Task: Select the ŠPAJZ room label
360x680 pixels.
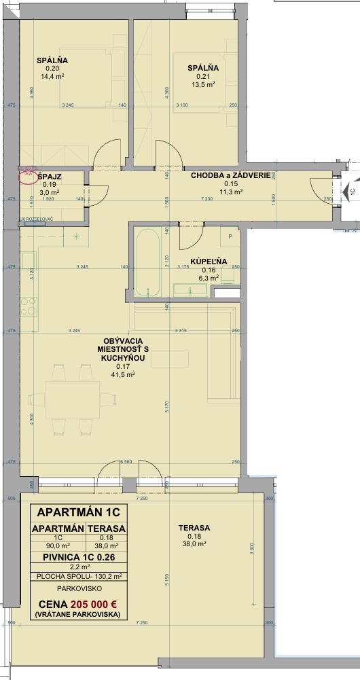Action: [x=50, y=176]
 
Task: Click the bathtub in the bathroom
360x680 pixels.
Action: [x=147, y=263]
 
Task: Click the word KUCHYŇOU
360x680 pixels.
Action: [x=122, y=357]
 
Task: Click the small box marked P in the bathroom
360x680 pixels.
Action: [x=231, y=237]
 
